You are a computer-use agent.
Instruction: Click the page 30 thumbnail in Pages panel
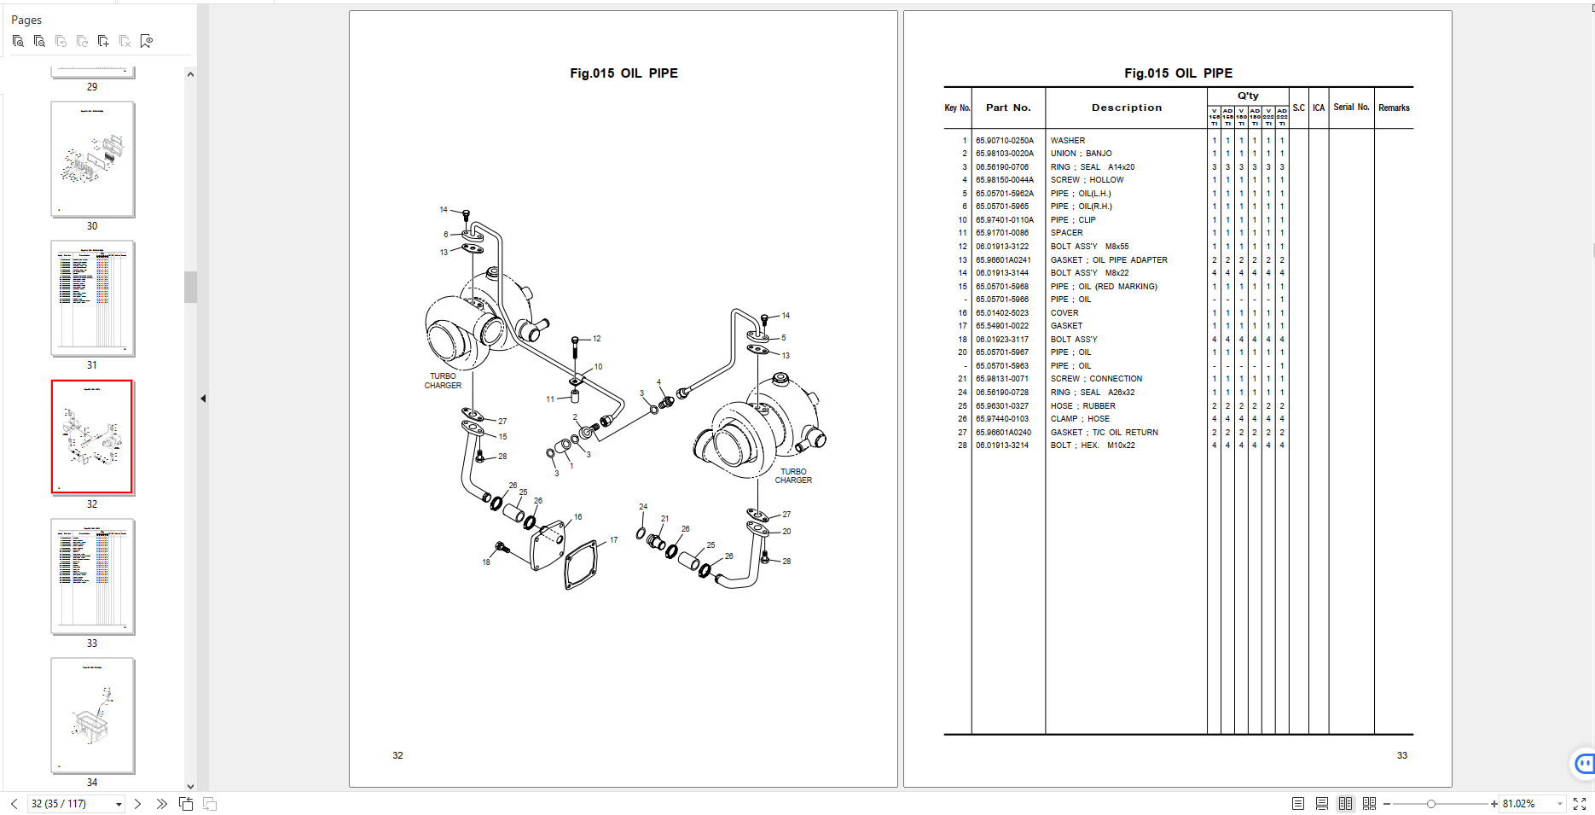[x=92, y=160]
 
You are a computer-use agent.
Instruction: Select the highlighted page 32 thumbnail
[x=92, y=437]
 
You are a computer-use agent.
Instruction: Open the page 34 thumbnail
[x=92, y=715]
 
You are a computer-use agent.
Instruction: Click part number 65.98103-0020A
[x=1004, y=154]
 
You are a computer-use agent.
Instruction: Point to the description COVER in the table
[x=1064, y=313]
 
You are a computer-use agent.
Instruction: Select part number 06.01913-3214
[x=1002, y=445]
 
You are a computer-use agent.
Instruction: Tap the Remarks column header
[x=1394, y=108]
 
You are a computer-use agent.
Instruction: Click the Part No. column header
[x=1008, y=108]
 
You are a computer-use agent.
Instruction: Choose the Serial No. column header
[x=1351, y=108]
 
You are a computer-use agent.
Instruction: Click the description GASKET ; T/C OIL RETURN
[x=1104, y=433]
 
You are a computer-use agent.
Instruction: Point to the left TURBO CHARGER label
[x=443, y=381]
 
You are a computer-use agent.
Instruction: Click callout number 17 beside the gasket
[x=613, y=540]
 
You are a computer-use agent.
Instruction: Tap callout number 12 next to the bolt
[x=597, y=339]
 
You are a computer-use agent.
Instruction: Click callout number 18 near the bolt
[x=486, y=562]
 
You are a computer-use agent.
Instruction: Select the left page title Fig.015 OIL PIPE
[x=623, y=73]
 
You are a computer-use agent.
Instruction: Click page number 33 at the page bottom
[x=1401, y=755]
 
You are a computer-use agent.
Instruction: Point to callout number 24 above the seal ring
[x=643, y=507]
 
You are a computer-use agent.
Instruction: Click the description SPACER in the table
[x=1066, y=233]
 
